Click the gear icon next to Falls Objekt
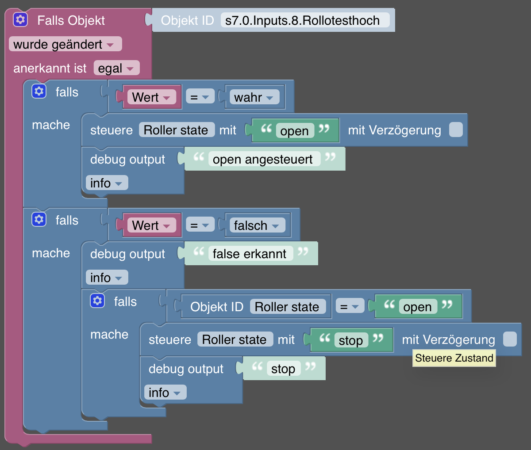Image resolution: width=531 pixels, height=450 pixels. coord(20,20)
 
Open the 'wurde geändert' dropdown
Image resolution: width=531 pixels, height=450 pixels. coord(65,44)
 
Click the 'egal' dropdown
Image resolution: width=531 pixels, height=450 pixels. coord(116,68)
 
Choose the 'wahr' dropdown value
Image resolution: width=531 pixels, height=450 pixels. coord(254,97)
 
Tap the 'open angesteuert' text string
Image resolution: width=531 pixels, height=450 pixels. coord(263,159)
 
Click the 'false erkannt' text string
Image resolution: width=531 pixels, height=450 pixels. coord(250,254)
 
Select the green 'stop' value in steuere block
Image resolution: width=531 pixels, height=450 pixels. coord(351,340)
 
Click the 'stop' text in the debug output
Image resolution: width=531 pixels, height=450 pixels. coord(283,369)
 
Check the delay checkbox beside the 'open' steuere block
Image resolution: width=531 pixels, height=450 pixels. coord(456,130)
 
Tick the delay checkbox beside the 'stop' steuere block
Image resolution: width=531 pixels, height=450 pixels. coord(510,339)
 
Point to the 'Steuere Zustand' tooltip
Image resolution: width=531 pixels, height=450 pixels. coord(454,358)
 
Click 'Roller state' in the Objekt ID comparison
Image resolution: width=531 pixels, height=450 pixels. coord(287,307)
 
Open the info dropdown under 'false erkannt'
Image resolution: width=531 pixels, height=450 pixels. coord(107,278)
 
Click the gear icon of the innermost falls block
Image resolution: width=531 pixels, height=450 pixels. coord(97,301)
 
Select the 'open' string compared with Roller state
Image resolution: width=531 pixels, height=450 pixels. coord(417,307)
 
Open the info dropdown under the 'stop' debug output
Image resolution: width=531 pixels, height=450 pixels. coord(165,393)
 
